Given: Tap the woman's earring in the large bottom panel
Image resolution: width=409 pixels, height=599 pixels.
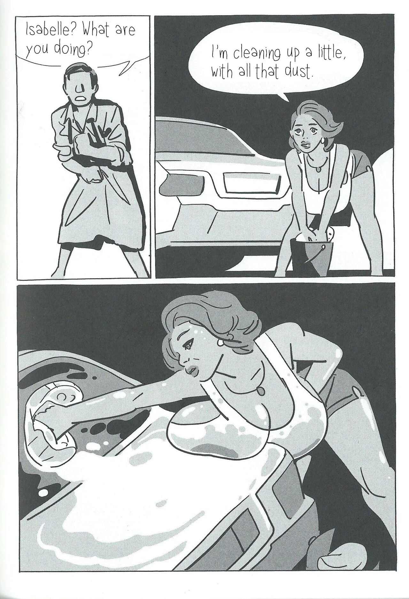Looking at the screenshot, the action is coord(220,342).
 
